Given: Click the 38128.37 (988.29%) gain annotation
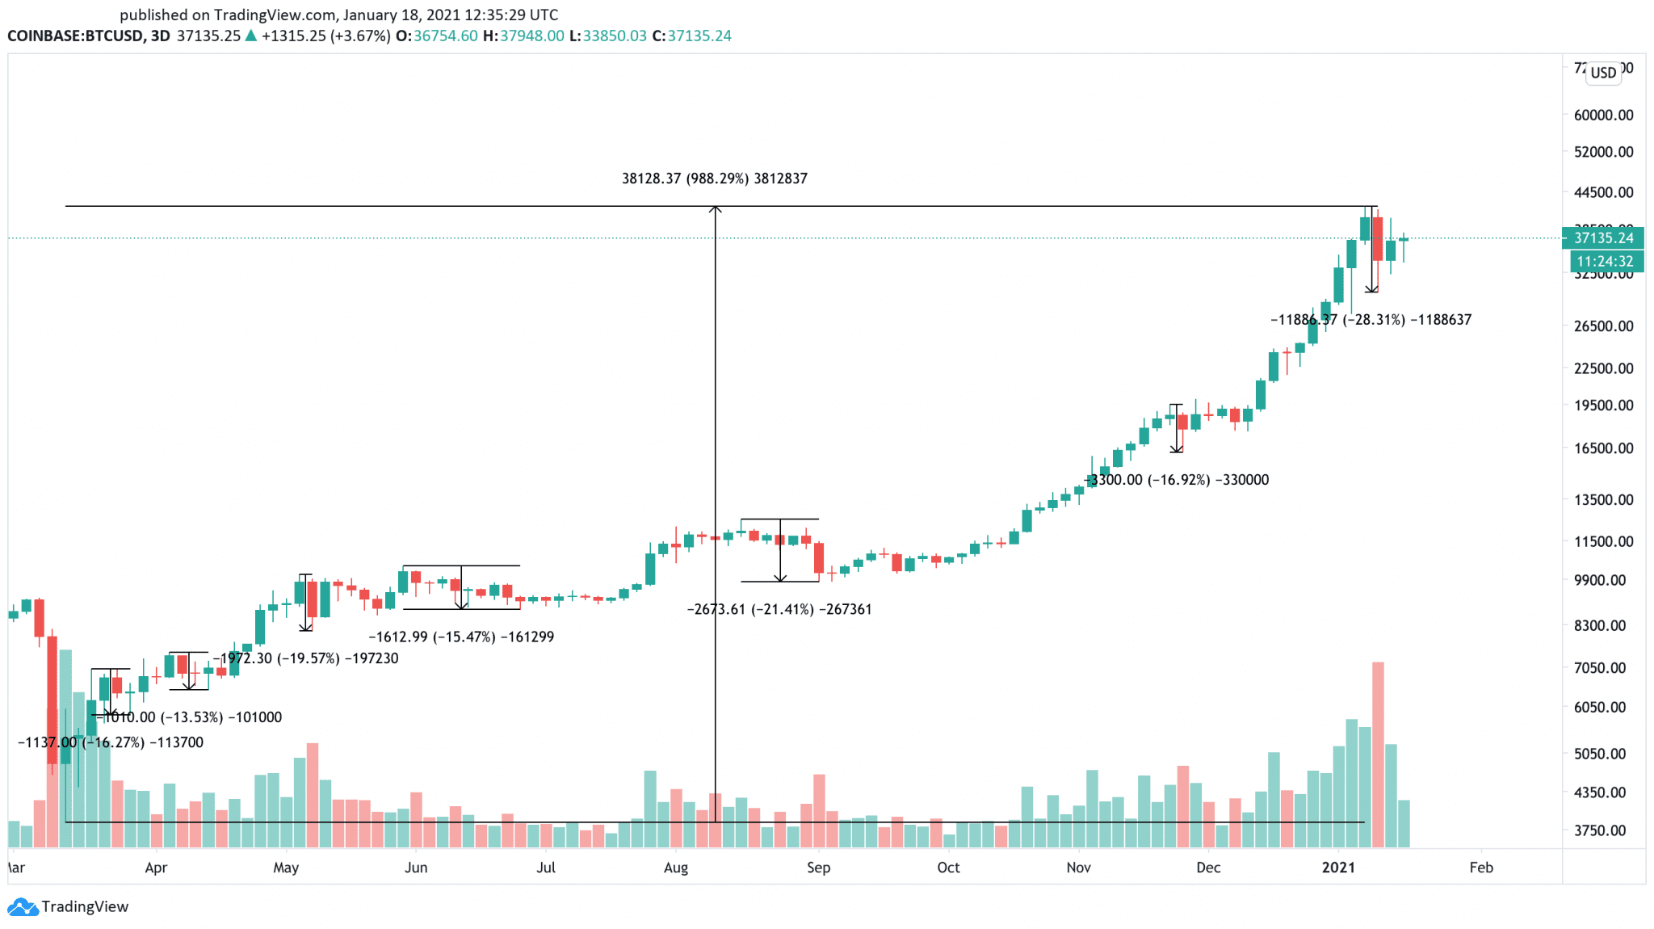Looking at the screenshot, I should click(x=714, y=179).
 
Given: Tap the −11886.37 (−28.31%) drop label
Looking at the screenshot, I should click(x=1371, y=320).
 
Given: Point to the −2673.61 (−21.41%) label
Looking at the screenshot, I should click(x=779, y=609).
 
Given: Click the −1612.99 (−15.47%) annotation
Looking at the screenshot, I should click(x=461, y=637).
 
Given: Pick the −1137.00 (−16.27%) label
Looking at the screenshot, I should click(x=111, y=742).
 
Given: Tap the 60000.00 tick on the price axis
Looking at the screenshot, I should click(x=1603, y=115).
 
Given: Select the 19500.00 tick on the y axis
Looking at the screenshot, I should click(x=1603, y=406).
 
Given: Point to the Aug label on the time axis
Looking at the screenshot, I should click(x=675, y=868).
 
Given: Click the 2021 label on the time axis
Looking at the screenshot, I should click(x=1338, y=868).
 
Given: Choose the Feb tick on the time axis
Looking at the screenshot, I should click(x=1480, y=868).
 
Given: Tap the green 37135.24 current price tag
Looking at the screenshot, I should click(x=1603, y=238).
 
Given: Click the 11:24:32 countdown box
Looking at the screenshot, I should click(x=1605, y=262).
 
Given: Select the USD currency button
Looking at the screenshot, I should click(x=1603, y=73).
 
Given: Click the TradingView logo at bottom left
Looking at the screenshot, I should click(x=69, y=906).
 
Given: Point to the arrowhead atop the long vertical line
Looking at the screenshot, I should click(x=715, y=210).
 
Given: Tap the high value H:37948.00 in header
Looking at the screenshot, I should click(x=523, y=36).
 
